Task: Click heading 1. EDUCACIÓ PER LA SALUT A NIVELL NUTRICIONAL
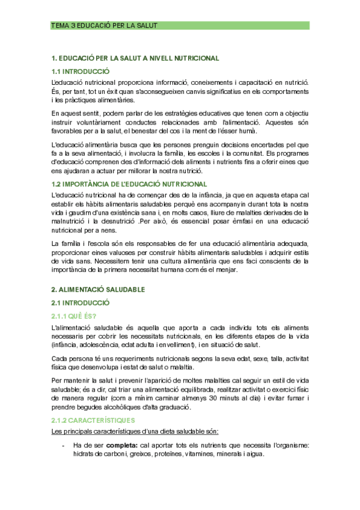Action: [x=135, y=58]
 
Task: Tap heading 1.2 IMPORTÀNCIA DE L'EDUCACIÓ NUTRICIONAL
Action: [x=129, y=184]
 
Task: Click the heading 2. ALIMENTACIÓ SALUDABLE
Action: [x=98, y=289]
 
